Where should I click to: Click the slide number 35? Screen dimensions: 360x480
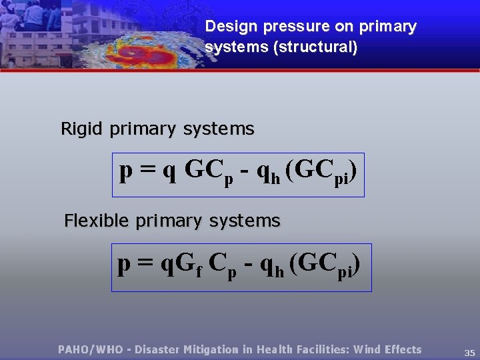coord(469,352)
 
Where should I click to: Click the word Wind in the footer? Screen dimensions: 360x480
coord(367,349)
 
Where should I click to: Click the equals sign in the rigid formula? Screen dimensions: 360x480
coord(146,173)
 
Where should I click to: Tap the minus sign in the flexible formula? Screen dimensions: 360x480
coord(248,265)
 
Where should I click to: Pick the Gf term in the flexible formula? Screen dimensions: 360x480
coord(191,265)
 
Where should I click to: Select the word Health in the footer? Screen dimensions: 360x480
coord(274,349)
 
